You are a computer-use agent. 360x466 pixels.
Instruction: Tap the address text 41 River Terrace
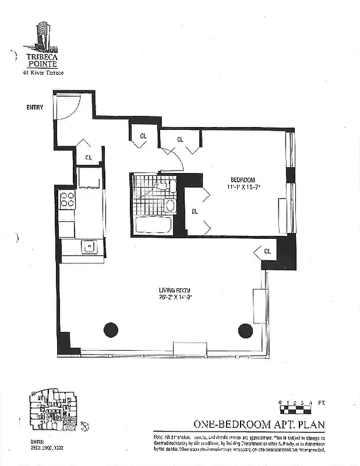click(x=43, y=73)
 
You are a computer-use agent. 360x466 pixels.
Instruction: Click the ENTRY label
click(x=34, y=107)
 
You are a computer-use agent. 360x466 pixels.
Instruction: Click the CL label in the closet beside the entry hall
click(x=89, y=157)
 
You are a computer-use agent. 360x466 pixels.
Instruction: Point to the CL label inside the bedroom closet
click(x=195, y=211)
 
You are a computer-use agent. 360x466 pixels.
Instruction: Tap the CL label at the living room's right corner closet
click(x=267, y=251)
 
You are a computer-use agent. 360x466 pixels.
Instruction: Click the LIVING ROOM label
click(x=175, y=290)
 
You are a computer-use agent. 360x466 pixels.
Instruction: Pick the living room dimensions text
click(x=175, y=297)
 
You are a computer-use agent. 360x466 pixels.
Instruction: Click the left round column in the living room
click(x=111, y=330)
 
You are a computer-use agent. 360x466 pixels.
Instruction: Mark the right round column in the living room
click(x=245, y=330)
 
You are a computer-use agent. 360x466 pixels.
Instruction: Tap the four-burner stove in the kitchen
click(x=67, y=200)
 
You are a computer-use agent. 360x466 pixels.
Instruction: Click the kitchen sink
click(x=89, y=247)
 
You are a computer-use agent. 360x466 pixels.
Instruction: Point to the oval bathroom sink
click(x=170, y=205)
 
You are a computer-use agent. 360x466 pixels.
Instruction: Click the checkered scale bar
click(x=295, y=409)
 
